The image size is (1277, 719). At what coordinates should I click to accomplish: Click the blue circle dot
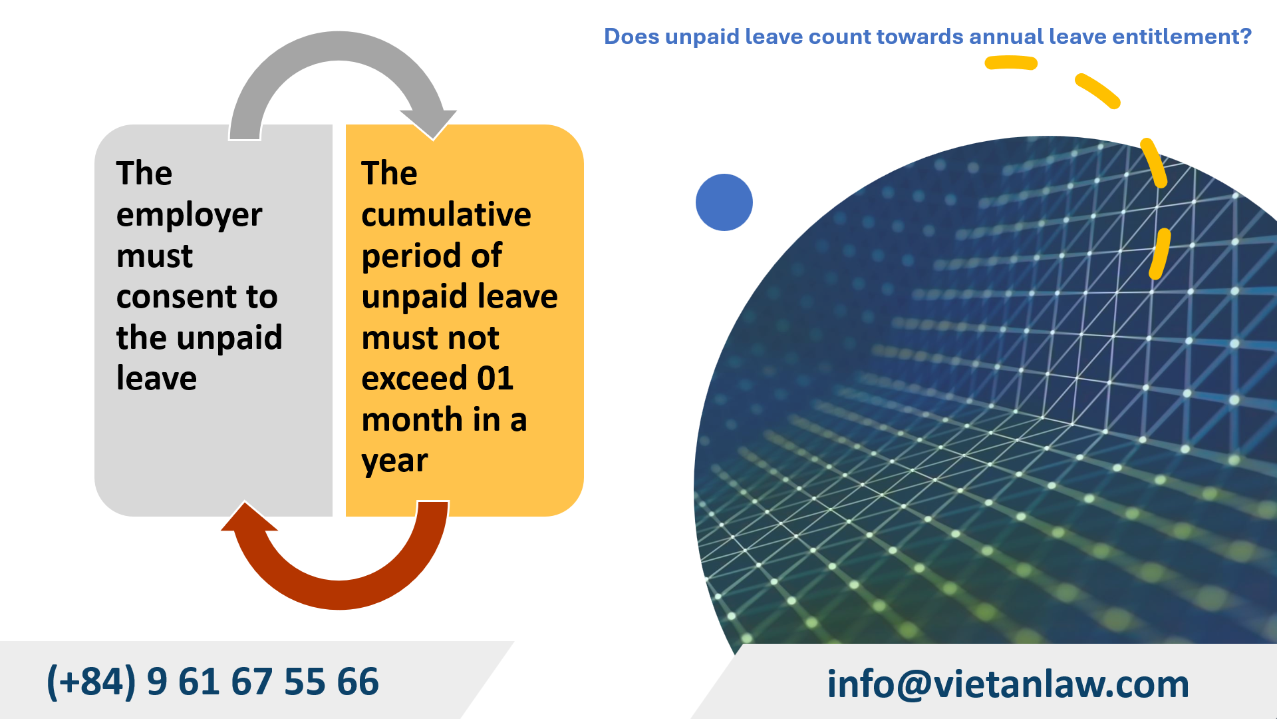point(724,202)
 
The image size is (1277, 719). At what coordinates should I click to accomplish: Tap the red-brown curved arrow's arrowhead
point(248,519)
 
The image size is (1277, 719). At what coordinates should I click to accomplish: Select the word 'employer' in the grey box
point(189,215)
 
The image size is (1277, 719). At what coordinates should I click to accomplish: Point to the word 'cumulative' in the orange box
point(446,215)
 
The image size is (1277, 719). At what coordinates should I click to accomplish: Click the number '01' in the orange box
point(495,379)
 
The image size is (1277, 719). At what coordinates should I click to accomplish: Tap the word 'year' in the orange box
point(394,461)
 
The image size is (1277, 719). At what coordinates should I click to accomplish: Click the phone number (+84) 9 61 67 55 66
point(213,682)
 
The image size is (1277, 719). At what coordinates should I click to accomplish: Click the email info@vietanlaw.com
point(1008,684)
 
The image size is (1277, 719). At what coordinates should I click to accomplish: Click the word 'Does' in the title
point(631,37)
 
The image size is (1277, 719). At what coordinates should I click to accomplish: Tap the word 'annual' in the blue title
point(1006,37)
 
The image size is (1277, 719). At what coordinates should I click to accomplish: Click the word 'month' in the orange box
point(412,420)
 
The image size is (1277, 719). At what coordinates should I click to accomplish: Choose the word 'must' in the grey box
point(154,256)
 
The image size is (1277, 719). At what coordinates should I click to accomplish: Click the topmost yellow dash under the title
point(1010,63)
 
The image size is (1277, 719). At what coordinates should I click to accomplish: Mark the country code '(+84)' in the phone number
point(91,682)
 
